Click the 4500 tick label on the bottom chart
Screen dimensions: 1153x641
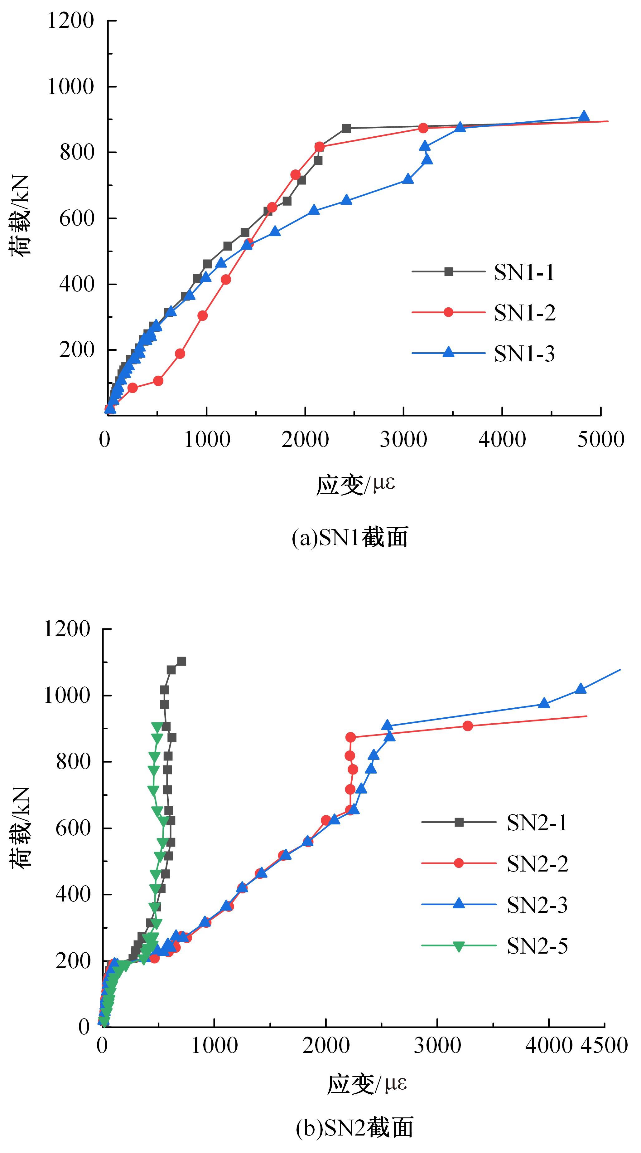(604, 1046)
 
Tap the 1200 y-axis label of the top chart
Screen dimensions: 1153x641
(71, 21)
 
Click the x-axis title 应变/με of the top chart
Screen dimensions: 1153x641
(356, 485)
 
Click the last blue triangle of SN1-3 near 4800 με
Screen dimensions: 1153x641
(583, 116)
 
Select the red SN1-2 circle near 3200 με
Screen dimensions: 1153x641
(423, 128)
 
